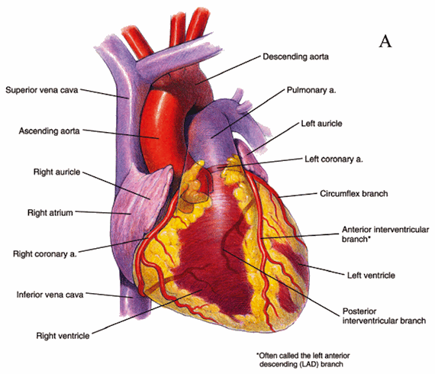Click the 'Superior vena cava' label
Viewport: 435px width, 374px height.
(x=42, y=90)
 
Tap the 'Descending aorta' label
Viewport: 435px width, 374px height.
(x=296, y=57)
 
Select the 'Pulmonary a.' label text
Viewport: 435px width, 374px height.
(x=311, y=91)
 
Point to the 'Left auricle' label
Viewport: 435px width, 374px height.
(x=321, y=124)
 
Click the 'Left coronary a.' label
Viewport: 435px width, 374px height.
(x=333, y=160)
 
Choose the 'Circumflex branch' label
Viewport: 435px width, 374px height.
(x=353, y=194)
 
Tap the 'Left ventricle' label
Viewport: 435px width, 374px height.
(x=371, y=276)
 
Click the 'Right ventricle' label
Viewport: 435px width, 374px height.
(x=63, y=336)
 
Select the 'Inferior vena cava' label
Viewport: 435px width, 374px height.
(x=50, y=295)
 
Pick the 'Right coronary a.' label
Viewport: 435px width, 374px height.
(x=45, y=254)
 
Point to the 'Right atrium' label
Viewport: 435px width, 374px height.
(x=50, y=213)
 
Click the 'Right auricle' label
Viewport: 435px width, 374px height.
(x=57, y=172)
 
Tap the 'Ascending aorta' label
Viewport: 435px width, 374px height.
(x=50, y=131)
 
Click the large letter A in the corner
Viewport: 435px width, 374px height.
(x=385, y=42)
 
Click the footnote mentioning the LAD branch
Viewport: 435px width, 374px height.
(x=303, y=359)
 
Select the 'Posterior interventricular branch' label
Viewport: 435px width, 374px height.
(x=384, y=316)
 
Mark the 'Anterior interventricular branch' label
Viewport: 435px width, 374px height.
(x=385, y=234)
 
